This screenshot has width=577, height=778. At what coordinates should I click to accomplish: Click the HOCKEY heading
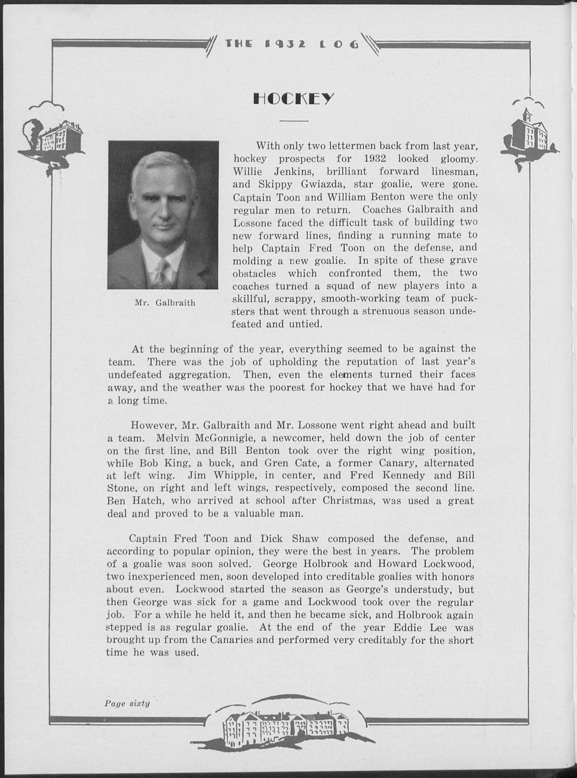tap(293, 99)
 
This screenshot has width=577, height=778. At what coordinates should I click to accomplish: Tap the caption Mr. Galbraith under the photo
tap(165, 302)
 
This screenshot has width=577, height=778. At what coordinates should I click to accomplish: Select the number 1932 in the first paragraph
tap(375, 159)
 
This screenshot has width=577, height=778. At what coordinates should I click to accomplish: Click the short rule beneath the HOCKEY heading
tap(294, 121)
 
